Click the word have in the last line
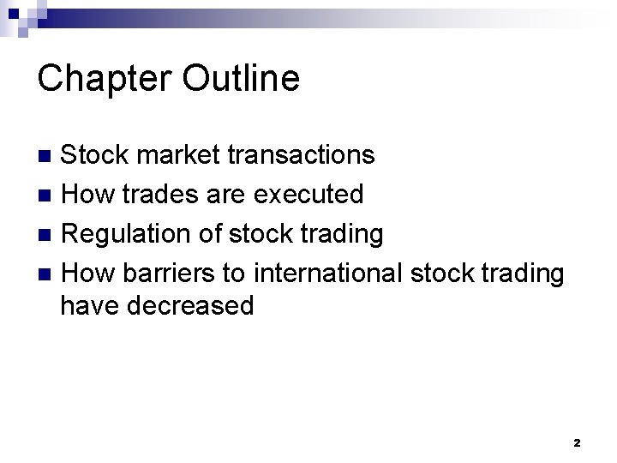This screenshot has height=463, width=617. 90,305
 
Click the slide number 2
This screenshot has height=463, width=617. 577,443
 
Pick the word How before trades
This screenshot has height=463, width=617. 88,194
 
